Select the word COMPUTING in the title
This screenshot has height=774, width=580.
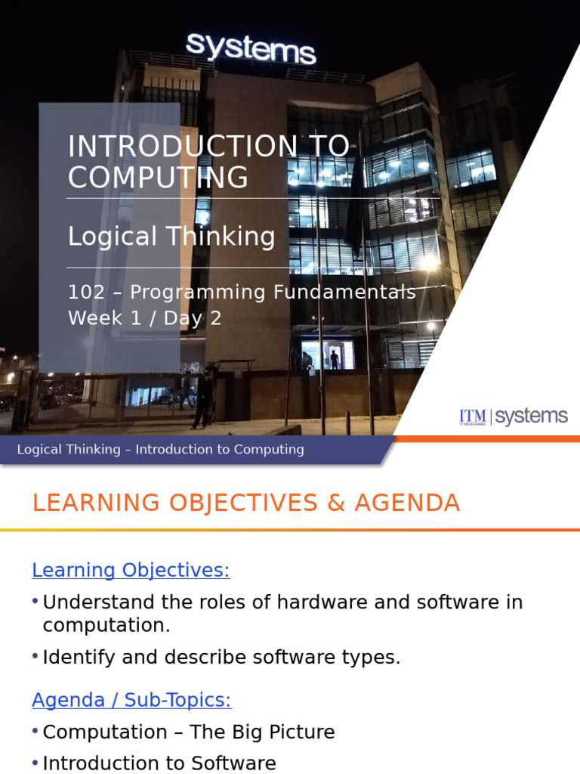pos(158,178)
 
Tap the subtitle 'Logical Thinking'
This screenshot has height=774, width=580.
pos(171,237)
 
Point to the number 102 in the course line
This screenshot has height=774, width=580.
pos(86,293)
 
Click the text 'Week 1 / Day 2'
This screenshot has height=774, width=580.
pos(145,318)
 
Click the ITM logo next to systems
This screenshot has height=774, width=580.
pos(473,417)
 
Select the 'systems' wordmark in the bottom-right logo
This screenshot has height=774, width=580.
pos(531,416)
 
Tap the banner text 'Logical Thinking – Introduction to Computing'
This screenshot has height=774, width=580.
pos(160,450)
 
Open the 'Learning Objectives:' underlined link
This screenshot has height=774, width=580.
pos(131,570)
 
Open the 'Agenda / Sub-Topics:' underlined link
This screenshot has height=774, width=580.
pos(131,700)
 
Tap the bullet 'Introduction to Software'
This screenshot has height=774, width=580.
pos(159,763)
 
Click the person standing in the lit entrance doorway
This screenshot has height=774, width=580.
pos(334,359)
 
